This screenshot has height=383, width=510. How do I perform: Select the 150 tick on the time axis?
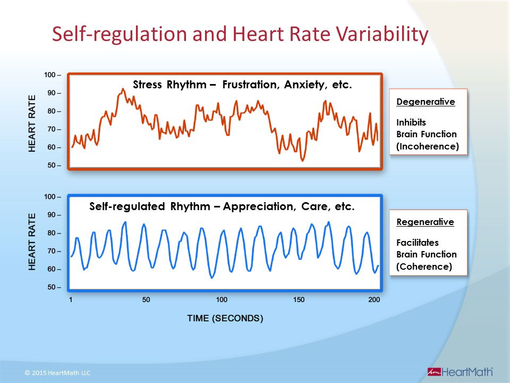coord(299,299)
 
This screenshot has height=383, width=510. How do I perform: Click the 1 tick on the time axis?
coord(71,299)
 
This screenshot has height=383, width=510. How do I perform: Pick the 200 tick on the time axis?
coord(374,299)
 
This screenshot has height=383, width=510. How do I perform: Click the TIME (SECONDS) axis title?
coord(225,319)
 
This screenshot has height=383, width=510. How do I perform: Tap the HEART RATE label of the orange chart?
coord(32,123)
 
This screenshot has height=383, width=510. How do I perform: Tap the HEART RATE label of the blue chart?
coord(32,242)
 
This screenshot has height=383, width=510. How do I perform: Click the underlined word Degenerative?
coord(426,102)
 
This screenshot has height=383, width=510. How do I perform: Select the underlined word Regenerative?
coord(425,222)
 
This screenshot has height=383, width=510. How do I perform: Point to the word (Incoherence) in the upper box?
coord(428,146)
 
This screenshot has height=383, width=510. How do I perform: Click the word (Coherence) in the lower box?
coord(424,267)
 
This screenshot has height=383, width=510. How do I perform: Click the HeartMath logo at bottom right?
coord(460,371)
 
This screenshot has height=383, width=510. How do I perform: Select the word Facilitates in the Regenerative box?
coord(418,243)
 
